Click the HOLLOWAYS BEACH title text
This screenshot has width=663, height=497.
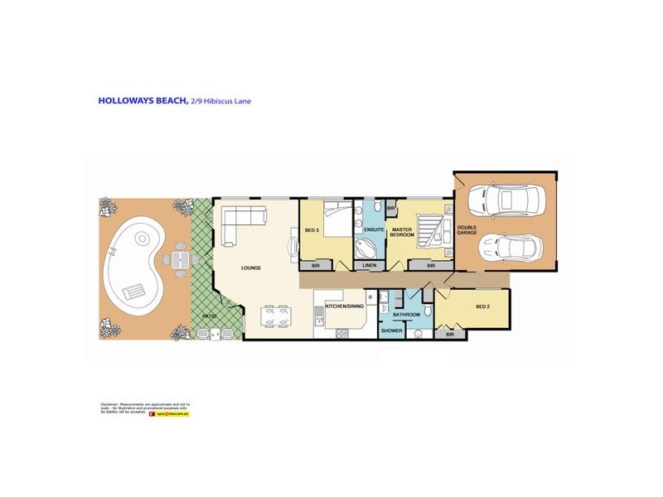tap(143, 101)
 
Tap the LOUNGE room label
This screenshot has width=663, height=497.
tap(251, 268)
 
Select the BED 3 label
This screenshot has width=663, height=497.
tap(312, 229)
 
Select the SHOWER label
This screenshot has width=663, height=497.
tap(391, 331)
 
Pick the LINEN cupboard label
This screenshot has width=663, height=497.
tap(370, 265)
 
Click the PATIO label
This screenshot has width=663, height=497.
tap(210, 316)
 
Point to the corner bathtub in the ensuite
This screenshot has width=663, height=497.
tap(365, 248)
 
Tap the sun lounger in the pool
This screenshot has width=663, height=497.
tap(133, 291)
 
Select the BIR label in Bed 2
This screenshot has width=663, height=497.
tap(449, 335)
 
